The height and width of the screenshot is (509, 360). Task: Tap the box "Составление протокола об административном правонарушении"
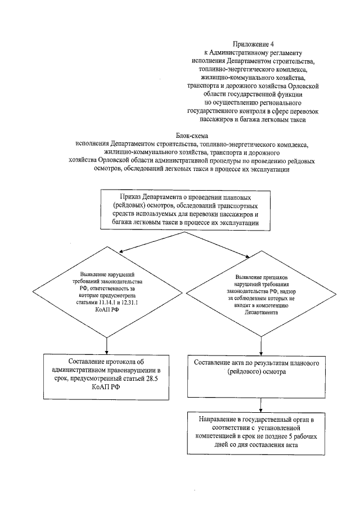tap(107, 374)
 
